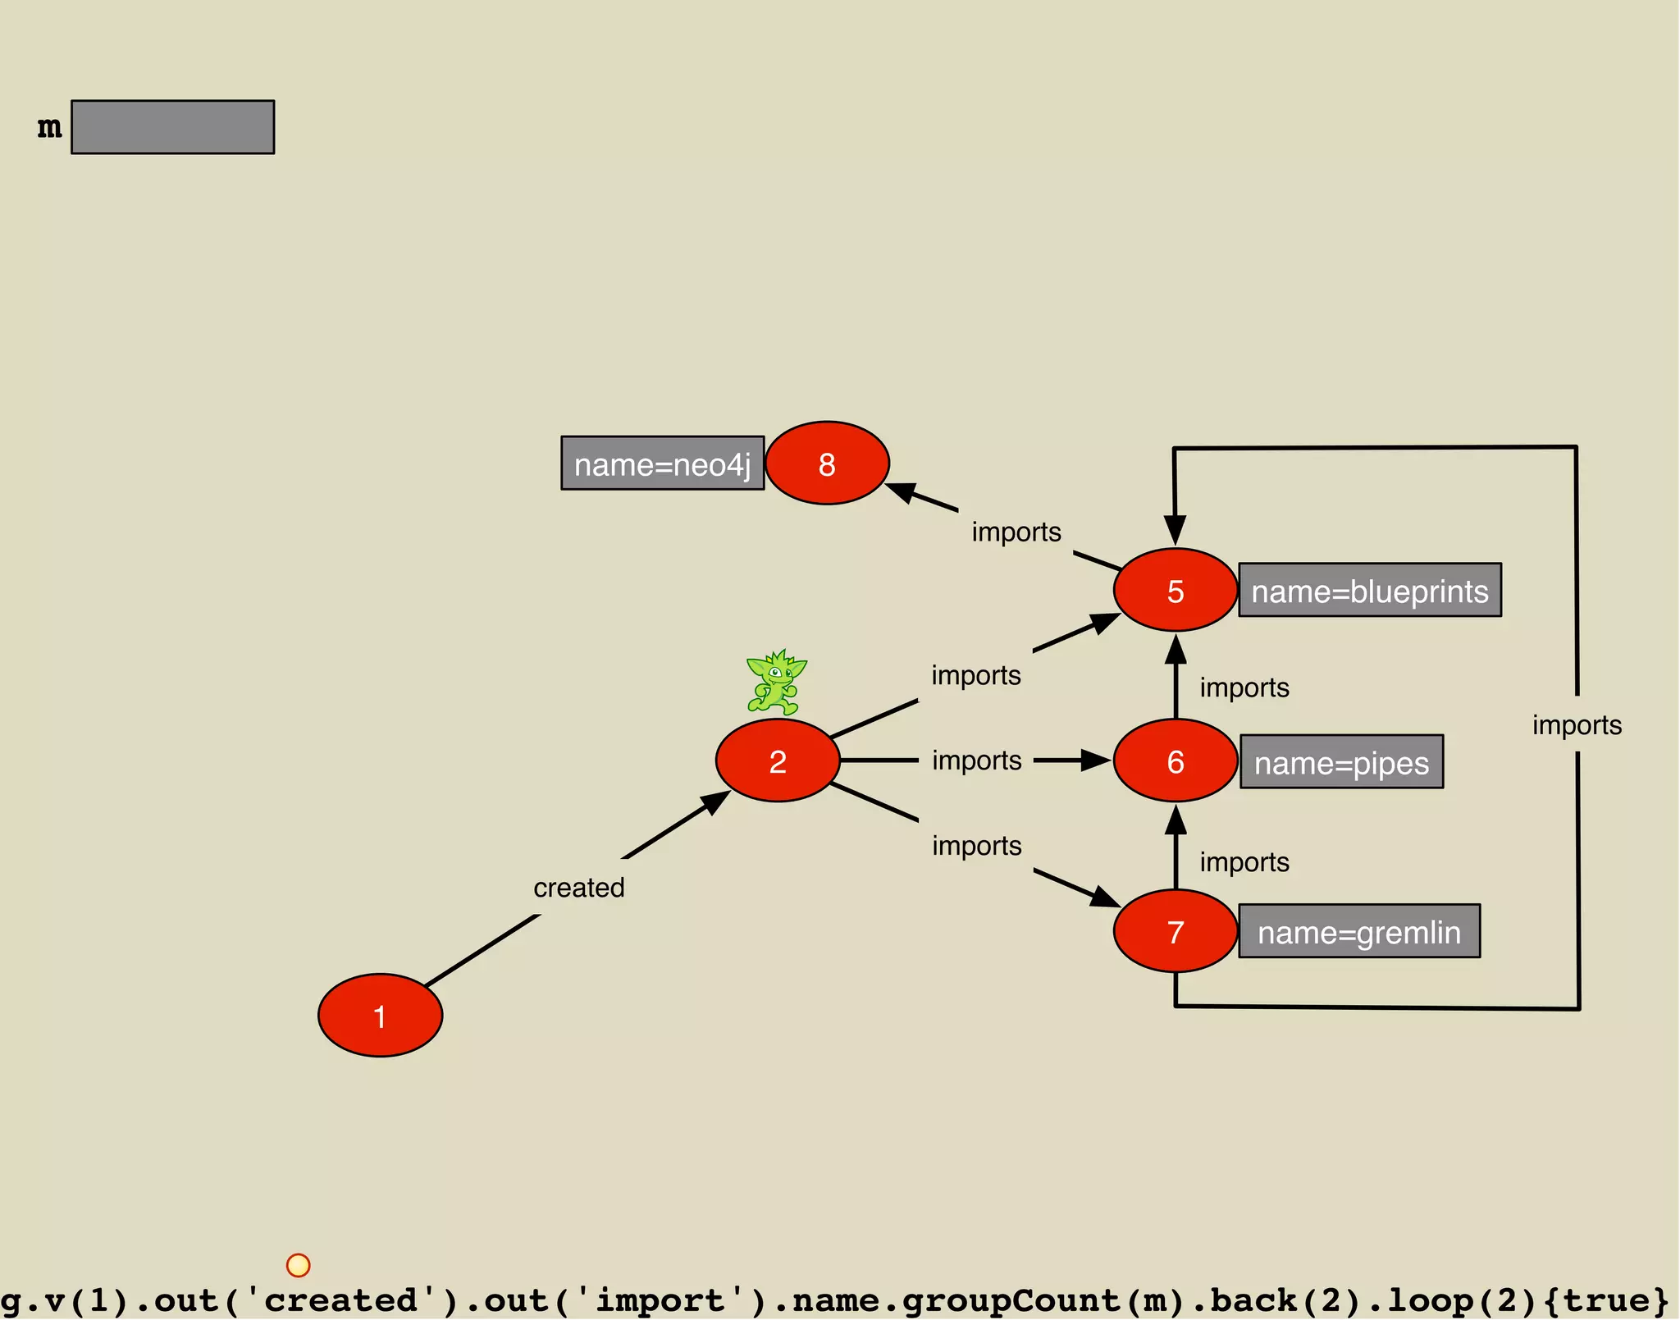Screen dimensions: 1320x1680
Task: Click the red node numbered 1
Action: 380,1015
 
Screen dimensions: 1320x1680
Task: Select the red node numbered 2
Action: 778,760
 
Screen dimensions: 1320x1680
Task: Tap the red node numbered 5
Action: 1175,590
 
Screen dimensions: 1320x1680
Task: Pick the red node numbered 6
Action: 1175,760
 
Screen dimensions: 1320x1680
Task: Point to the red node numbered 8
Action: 827,463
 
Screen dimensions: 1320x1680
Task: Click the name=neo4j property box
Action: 662,464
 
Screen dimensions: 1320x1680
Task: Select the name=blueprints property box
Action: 1369,590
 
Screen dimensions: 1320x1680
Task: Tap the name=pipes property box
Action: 1341,761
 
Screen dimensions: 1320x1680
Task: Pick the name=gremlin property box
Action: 1359,931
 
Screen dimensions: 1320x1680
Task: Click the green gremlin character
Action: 775,682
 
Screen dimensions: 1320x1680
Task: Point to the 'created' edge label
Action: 579,887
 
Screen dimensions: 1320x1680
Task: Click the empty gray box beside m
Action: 172,127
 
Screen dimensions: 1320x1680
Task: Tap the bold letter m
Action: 49,127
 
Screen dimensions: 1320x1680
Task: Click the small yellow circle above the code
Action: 298,1265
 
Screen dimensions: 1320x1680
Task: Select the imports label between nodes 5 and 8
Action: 1016,532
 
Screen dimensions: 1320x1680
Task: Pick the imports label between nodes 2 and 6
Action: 976,760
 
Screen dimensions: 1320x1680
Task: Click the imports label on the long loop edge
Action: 1577,724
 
